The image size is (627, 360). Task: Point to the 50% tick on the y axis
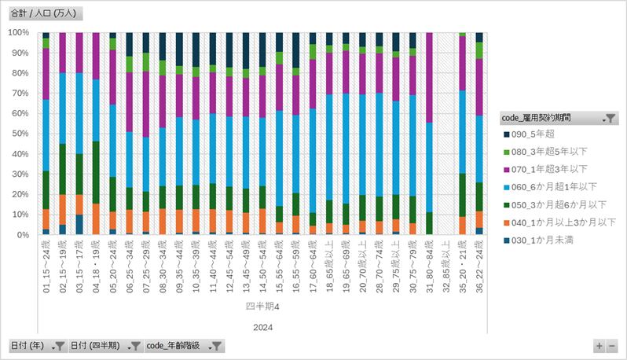click(18, 134)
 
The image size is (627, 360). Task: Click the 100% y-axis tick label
click(18, 32)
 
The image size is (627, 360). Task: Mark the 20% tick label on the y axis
click(18, 194)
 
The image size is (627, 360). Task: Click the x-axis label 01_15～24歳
click(46, 266)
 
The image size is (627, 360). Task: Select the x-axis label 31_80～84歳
click(429, 266)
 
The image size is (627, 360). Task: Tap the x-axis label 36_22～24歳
click(479, 266)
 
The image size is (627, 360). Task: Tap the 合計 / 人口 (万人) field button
click(45, 14)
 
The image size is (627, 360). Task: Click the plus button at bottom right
click(599, 346)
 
